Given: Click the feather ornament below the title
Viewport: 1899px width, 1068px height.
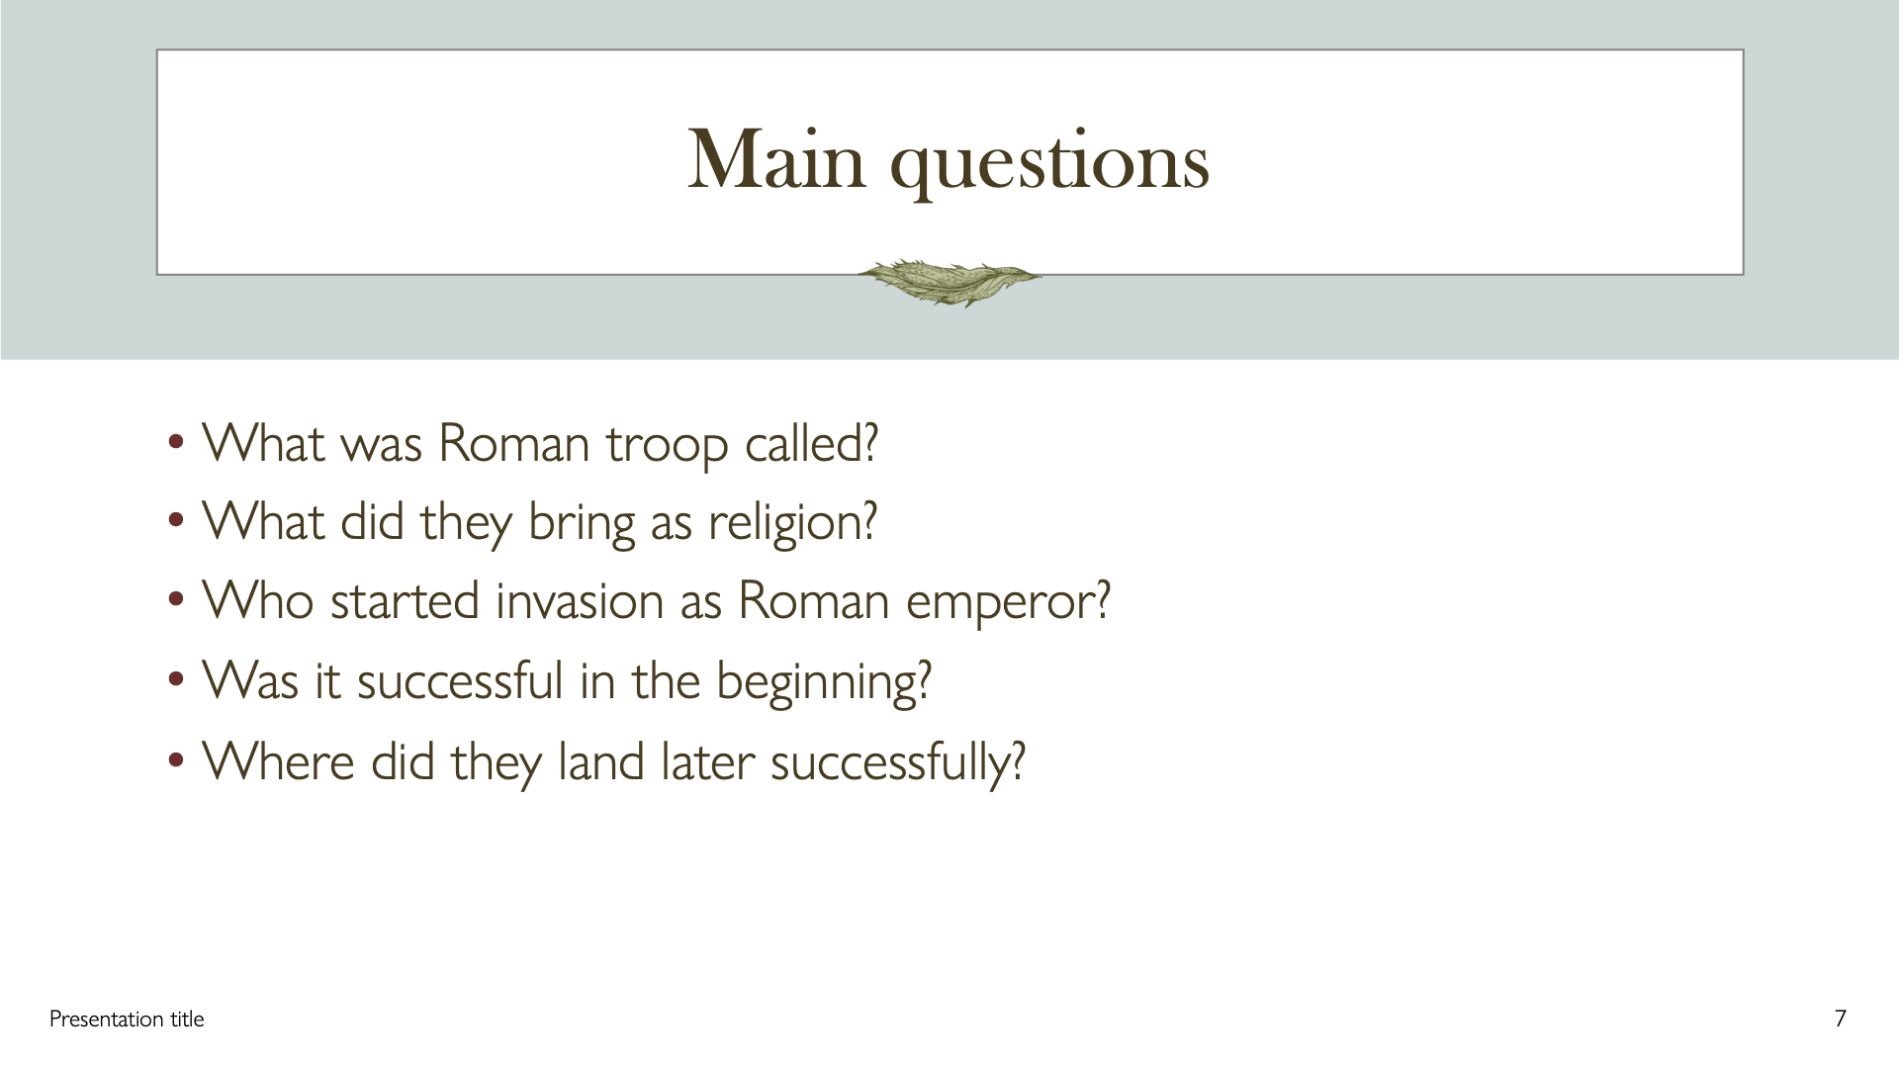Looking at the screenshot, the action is click(x=949, y=282).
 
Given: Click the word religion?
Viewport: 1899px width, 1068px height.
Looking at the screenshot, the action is click(x=793, y=524).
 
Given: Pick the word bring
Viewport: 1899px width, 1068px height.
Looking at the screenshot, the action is click(x=582, y=524).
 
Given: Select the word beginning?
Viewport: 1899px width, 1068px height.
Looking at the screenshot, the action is click(x=824, y=683).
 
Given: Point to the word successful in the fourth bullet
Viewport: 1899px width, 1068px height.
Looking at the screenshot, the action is click(x=460, y=680).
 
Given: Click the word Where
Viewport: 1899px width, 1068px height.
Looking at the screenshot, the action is click(x=278, y=760).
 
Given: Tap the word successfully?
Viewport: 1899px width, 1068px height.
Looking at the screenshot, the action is click(x=898, y=764).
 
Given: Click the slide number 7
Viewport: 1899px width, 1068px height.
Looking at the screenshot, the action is click(x=1841, y=1019).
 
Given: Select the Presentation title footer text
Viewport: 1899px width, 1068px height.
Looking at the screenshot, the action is click(x=127, y=1019).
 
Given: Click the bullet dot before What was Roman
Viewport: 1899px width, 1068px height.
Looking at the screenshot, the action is click(x=176, y=442).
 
